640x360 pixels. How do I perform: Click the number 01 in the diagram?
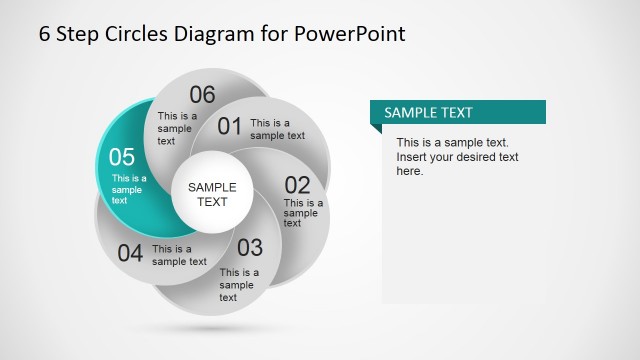[x=230, y=126]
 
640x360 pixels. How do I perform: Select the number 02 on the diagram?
[x=297, y=185]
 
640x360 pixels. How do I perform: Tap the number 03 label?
[x=249, y=247]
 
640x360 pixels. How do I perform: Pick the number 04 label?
[x=130, y=253]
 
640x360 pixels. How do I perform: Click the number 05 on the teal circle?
[x=121, y=157]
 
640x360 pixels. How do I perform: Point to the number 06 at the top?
[x=202, y=95]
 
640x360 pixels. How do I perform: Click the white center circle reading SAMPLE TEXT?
[x=212, y=194]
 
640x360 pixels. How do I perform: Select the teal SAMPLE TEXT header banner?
[x=458, y=113]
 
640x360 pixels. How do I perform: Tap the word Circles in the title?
[x=133, y=33]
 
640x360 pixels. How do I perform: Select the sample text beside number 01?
[x=277, y=129]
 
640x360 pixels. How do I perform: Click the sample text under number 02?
[x=303, y=212]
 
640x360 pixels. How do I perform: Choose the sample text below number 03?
[x=239, y=284]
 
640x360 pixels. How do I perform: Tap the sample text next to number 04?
[x=179, y=255]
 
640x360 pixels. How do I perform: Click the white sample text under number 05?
[x=129, y=189]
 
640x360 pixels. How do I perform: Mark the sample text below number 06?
[x=174, y=128]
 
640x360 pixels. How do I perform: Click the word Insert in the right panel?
[x=414, y=157]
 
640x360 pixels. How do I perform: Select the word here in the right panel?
[x=410, y=171]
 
